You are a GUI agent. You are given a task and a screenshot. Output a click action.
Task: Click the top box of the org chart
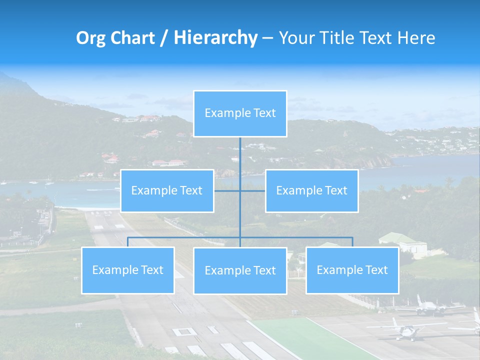click(x=240, y=113)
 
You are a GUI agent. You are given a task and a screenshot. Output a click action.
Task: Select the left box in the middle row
click(x=167, y=190)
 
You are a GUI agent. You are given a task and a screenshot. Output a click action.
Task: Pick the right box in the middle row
click(x=311, y=190)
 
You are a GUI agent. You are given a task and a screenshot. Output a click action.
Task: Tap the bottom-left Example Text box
click(x=128, y=270)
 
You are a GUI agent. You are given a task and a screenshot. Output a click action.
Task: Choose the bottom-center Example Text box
click(x=240, y=270)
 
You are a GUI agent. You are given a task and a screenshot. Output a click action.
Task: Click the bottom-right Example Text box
click(x=352, y=270)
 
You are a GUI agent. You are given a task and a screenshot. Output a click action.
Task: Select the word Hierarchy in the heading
click(x=215, y=38)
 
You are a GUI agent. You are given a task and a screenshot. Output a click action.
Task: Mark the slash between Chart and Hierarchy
click(x=164, y=38)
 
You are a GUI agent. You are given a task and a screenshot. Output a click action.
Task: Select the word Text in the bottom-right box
click(x=376, y=270)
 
